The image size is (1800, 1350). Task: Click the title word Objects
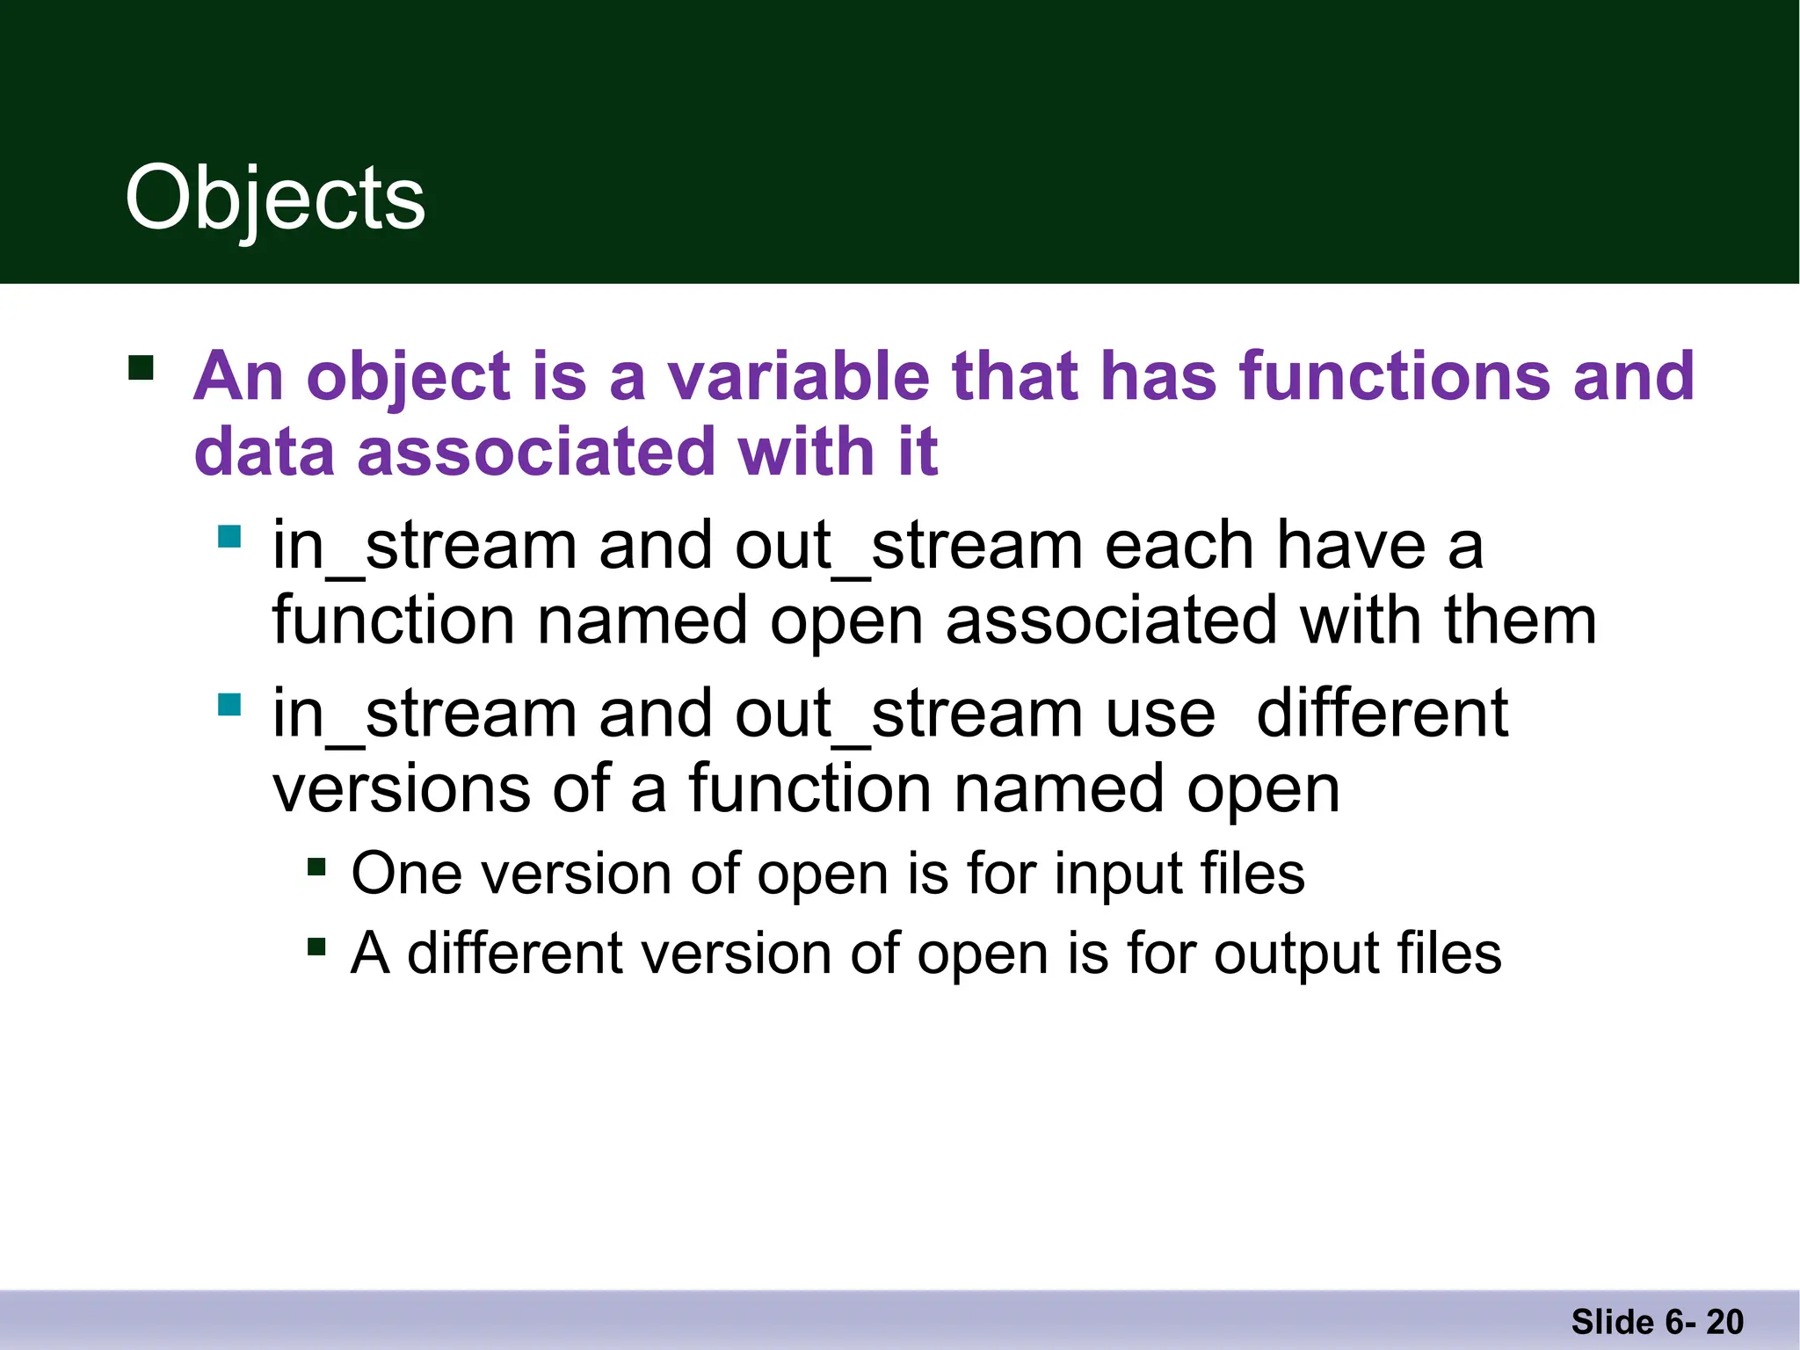point(275,200)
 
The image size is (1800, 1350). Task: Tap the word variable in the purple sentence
point(798,376)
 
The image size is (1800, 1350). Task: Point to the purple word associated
point(536,452)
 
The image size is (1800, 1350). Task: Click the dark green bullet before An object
point(141,367)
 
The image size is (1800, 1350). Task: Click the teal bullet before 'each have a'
point(229,536)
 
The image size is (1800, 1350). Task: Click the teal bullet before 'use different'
point(229,704)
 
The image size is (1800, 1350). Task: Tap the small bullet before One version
point(316,868)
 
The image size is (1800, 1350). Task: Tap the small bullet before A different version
point(316,947)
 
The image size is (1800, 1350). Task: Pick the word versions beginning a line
point(402,788)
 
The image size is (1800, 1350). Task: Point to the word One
point(406,874)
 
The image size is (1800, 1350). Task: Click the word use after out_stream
point(1160,714)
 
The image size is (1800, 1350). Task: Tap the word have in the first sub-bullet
point(1350,546)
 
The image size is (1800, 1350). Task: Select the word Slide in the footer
point(1612,1322)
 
